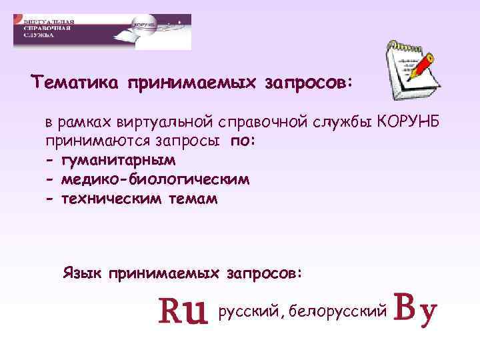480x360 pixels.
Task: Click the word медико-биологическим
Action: coord(155,180)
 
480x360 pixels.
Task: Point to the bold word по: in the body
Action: coord(243,142)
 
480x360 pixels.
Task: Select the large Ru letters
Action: coord(182,311)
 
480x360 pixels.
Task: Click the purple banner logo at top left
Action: coord(102,31)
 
